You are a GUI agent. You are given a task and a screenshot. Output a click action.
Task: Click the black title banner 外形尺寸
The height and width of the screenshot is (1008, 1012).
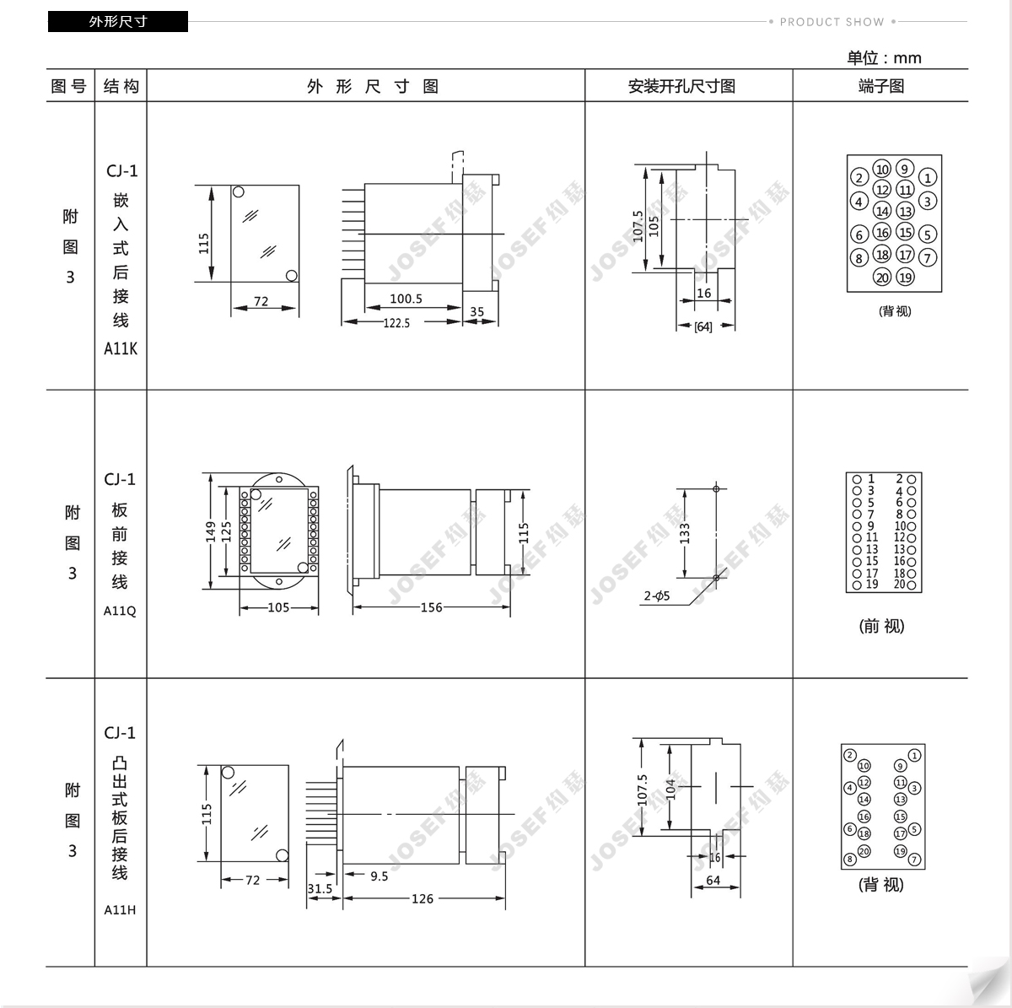point(117,22)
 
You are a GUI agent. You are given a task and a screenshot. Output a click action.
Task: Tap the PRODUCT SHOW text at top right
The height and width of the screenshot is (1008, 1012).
point(832,22)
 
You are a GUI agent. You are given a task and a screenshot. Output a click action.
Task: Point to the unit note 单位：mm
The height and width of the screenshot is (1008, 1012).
point(884,57)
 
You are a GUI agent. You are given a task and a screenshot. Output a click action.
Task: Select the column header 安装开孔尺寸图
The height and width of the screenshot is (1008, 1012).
point(681,86)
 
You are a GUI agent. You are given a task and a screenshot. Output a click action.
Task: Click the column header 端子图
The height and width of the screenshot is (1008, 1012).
point(881,86)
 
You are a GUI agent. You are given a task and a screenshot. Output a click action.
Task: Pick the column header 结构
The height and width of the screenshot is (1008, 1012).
point(121,86)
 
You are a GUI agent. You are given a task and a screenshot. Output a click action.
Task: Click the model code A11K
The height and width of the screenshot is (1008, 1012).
point(121,348)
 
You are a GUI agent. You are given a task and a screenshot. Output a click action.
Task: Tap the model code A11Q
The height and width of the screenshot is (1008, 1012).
point(120,611)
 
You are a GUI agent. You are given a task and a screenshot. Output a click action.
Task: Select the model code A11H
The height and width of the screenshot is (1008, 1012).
point(120,910)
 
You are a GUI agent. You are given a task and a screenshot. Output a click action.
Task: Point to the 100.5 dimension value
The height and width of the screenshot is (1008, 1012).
point(406,299)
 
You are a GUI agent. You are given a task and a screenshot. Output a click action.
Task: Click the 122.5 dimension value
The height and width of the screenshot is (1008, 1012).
point(396,323)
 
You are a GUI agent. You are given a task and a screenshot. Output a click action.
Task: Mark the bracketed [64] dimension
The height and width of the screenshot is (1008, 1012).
point(703,326)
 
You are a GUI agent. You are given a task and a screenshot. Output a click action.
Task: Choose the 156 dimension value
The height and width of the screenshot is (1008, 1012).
point(431,607)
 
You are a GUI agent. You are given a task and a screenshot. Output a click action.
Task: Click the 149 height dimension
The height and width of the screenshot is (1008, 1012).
point(211,531)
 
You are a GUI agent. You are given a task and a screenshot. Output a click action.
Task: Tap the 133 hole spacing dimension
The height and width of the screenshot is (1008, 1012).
point(684,533)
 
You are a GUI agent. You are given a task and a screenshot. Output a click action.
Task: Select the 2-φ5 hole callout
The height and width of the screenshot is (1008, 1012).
point(657,596)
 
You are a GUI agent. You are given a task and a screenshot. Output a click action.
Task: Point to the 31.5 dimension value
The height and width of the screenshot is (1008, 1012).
point(320,888)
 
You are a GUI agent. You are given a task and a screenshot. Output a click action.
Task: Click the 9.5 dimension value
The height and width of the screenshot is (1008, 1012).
point(379,876)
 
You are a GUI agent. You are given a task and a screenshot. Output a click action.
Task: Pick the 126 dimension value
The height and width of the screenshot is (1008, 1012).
point(423,898)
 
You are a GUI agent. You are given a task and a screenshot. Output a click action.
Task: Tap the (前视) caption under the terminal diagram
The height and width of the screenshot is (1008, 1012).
point(881,626)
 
